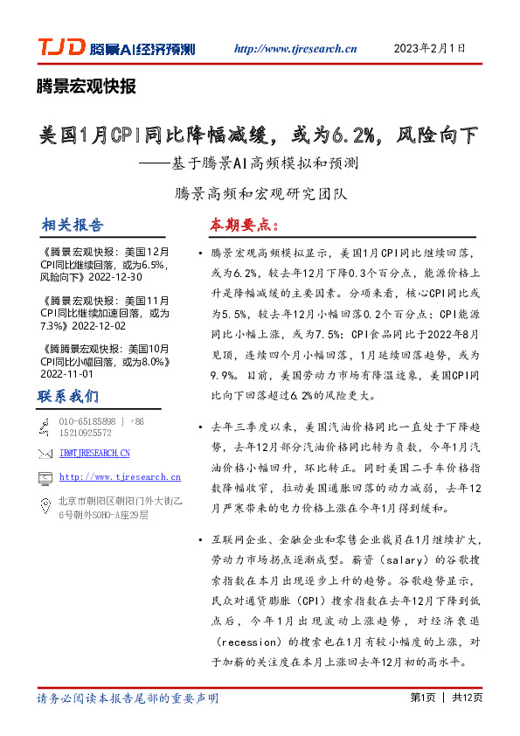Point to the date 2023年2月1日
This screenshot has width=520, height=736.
pyautogui.click(x=429, y=48)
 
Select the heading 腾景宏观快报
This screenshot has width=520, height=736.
pyautogui.click(x=86, y=86)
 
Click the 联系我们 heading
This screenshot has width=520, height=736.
pyautogui.click(x=68, y=396)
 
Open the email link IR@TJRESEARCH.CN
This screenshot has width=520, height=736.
pyautogui.click(x=95, y=453)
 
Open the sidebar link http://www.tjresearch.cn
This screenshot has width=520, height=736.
pyautogui.click(x=121, y=477)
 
